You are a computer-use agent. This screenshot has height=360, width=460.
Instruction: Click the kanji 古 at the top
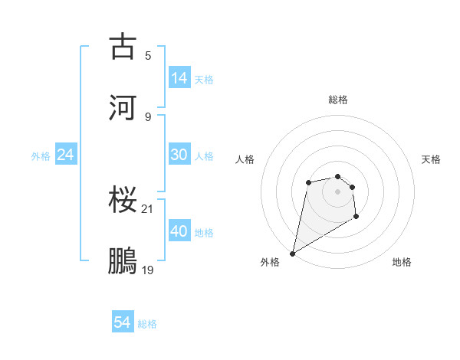click(x=123, y=47)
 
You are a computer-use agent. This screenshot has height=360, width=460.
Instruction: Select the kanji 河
click(x=123, y=108)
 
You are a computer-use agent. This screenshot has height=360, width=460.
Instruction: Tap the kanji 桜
click(x=123, y=200)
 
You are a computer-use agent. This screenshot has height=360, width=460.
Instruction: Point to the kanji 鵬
click(x=123, y=261)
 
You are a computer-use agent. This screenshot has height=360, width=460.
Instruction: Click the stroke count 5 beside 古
click(x=147, y=55)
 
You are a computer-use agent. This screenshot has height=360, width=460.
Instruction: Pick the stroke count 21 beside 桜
click(x=148, y=208)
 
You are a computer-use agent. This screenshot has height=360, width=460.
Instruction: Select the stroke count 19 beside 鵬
click(x=148, y=270)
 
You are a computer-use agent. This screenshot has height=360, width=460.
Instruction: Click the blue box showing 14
click(x=179, y=77)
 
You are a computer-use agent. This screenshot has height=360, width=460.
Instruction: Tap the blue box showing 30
click(x=179, y=155)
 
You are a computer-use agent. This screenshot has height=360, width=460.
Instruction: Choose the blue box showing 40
click(x=179, y=231)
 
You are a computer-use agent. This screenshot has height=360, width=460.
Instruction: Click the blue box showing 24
click(x=65, y=155)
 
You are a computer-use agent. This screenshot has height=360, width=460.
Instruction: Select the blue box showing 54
click(x=123, y=322)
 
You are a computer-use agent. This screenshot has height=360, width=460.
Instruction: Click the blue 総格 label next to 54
click(x=147, y=324)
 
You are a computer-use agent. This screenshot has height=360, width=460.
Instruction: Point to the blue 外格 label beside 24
click(x=41, y=156)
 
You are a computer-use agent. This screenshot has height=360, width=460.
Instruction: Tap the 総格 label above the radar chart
click(x=337, y=100)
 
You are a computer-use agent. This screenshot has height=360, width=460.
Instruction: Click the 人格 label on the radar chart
click(x=245, y=159)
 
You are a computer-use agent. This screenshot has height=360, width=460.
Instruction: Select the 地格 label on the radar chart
click(x=402, y=262)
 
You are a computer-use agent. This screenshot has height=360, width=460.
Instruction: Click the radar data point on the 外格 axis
click(x=292, y=253)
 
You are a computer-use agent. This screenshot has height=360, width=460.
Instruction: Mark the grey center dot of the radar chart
click(x=337, y=191)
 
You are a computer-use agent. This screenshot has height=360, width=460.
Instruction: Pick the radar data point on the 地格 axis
click(x=356, y=217)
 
